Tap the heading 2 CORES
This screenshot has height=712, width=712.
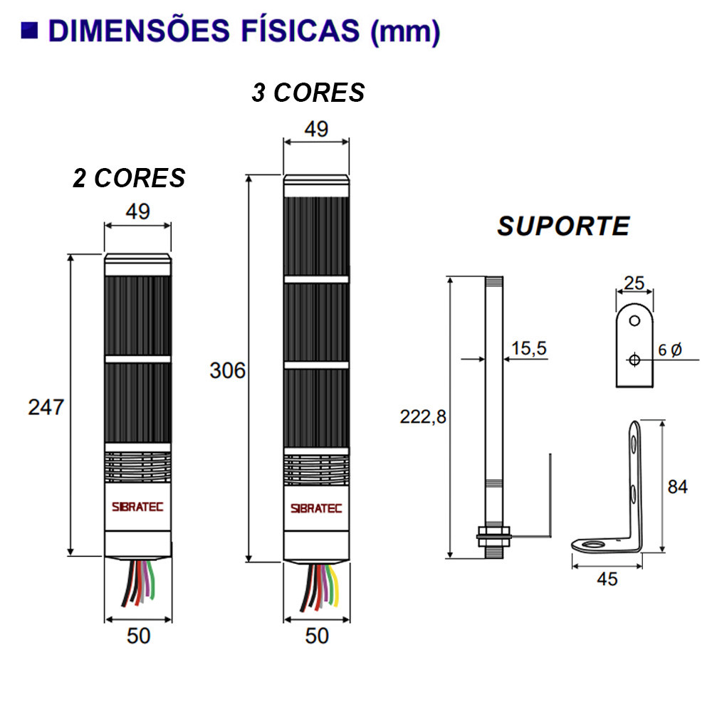[129, 178]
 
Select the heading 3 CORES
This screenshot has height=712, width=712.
[308, 93]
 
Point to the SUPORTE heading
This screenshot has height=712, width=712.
[563, 226]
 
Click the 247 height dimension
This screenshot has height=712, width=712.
[46, 407]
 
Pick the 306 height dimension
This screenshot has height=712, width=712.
[227, 370]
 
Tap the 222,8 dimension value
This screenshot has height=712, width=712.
[423, 418]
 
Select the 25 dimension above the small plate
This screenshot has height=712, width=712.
[634, 283]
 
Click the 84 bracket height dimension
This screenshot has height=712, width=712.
[677, 487]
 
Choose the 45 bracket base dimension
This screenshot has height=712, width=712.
[607, 579]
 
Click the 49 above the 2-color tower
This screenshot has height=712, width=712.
[138, 212]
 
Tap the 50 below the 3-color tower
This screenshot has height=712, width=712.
[316, 635]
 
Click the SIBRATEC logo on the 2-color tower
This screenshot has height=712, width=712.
[138, 507]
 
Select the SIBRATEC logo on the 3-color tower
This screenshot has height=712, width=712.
[316, 508]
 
